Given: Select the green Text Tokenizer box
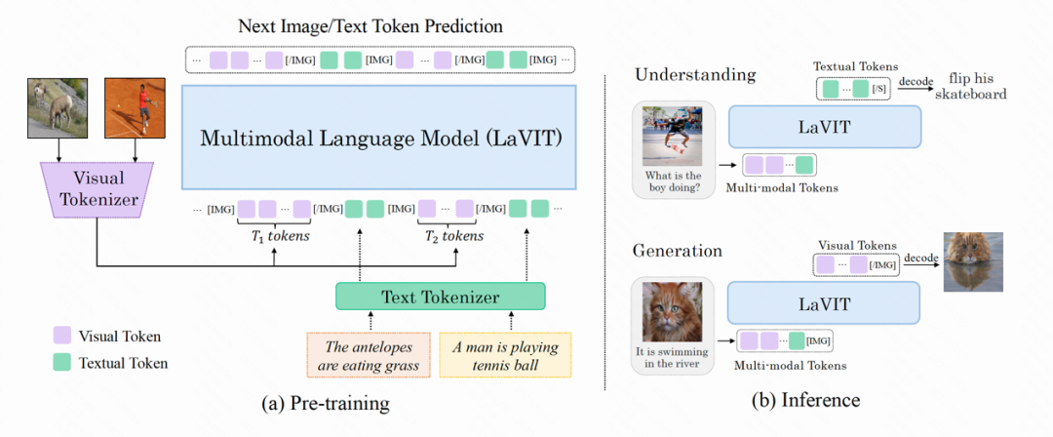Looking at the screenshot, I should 440,298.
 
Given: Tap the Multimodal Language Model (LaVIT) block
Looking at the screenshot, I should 380,137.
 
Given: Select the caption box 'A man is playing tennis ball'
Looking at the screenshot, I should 505,357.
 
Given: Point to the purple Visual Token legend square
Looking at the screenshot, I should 61,337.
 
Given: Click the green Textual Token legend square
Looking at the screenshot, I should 61,363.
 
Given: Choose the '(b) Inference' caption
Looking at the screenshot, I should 804,401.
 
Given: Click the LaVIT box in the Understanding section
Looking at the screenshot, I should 824,127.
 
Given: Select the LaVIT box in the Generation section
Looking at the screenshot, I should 824,303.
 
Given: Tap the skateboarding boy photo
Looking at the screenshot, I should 672,136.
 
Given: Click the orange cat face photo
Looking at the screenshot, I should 672,312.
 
